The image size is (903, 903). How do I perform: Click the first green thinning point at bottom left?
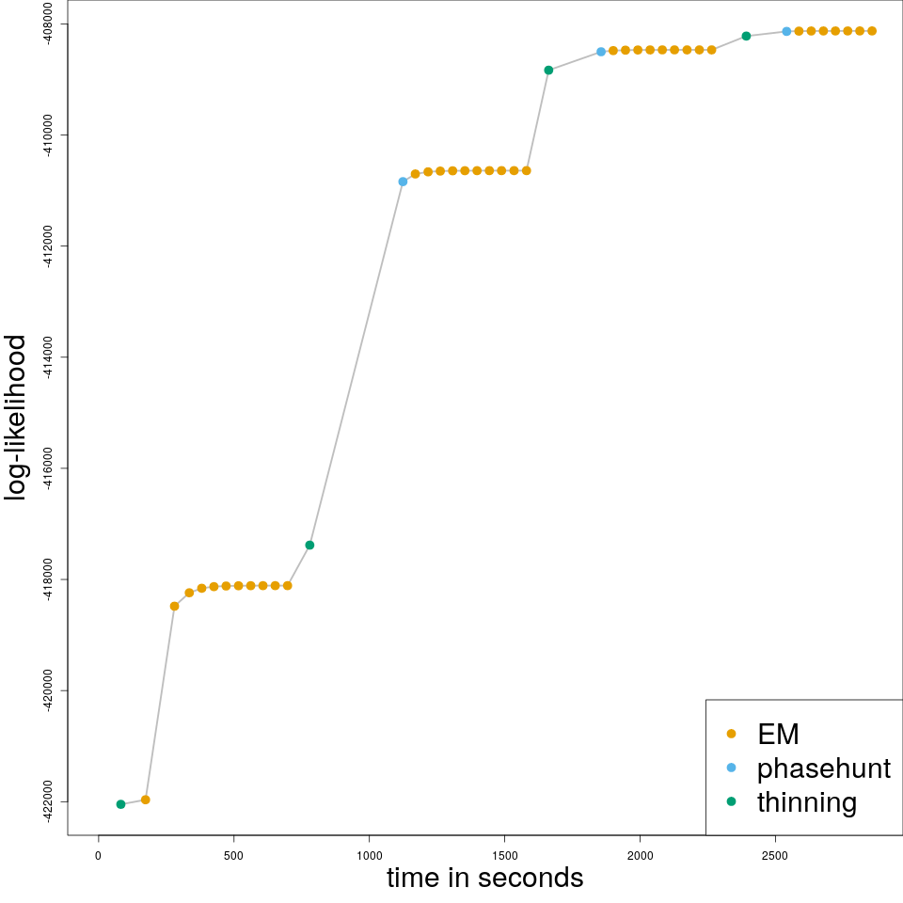coord(120,804)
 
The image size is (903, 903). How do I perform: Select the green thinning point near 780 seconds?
coord(309,545)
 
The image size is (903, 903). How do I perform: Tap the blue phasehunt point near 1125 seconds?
coord(403,182)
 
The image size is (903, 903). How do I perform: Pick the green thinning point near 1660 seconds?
coord(548,70)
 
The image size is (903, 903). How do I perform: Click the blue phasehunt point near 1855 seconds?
coord(601,52)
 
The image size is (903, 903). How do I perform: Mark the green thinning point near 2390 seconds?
coord(746,36)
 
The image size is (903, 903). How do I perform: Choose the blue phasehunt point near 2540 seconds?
coord(786,31)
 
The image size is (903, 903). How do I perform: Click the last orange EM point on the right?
coord(872,31)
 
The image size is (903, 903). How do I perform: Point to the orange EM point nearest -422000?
coord(146,800)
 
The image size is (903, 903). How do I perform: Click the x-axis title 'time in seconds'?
coord(484,878)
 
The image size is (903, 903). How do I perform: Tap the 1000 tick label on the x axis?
coord(369,855)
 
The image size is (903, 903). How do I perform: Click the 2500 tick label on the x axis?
coord(775,855)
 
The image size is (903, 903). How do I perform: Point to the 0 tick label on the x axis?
coord(98,855)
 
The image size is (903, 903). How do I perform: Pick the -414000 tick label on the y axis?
coord(47,356)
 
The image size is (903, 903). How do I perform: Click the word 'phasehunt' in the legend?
coord(824,768)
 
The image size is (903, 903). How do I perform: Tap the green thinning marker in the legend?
coord(731,801)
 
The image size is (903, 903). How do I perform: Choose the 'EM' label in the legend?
coord(778,733)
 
